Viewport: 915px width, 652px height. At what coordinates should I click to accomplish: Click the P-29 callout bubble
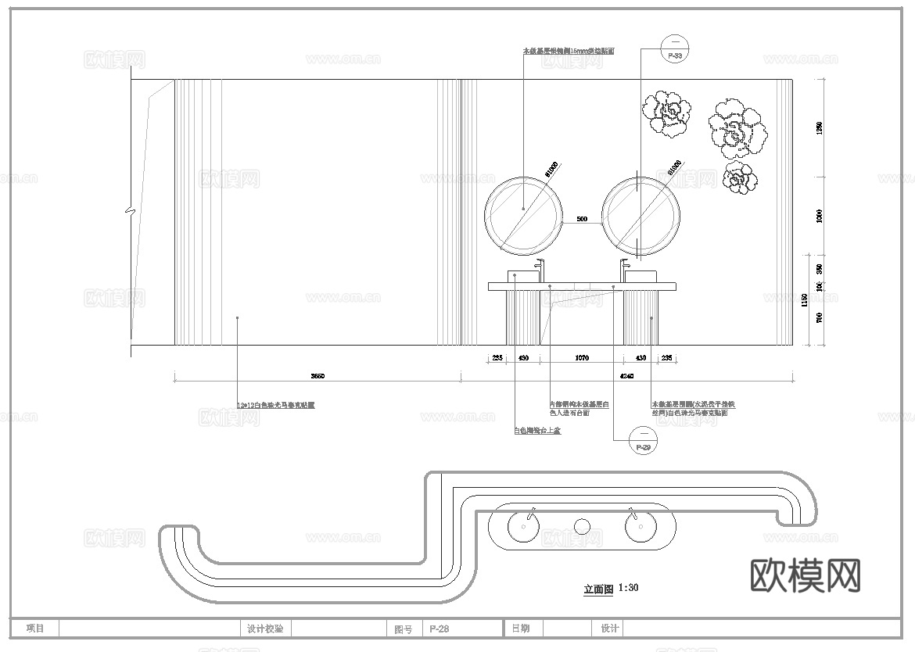pyautogui.click(x=643, y=440)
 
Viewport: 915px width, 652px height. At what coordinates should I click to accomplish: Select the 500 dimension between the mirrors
pyautogui.click(x=582, y=220)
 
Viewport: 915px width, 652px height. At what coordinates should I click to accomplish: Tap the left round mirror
pyautogui.click(x=523, y=215)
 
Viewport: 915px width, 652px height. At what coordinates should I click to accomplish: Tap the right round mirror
pyautogui.click(x=640, y=215)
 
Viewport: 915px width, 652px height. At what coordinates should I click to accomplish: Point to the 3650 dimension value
pyautogui.click(x=317, y=377)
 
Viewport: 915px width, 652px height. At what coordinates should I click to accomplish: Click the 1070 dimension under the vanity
pyautogui.click(x=581, y=358)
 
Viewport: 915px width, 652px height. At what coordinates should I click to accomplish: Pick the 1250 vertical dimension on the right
pyautogui.click(x=819, y=127)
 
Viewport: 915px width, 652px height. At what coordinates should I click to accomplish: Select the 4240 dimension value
pyautogui.click(x=627, y=377)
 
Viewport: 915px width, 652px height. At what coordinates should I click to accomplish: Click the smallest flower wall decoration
pyautogui.click(x=739, y=179)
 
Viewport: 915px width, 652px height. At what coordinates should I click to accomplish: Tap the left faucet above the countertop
pyautogui.click(x=538, y=270)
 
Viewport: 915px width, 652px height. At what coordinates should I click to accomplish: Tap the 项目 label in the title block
pyautogui.click(x=35, y=629)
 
